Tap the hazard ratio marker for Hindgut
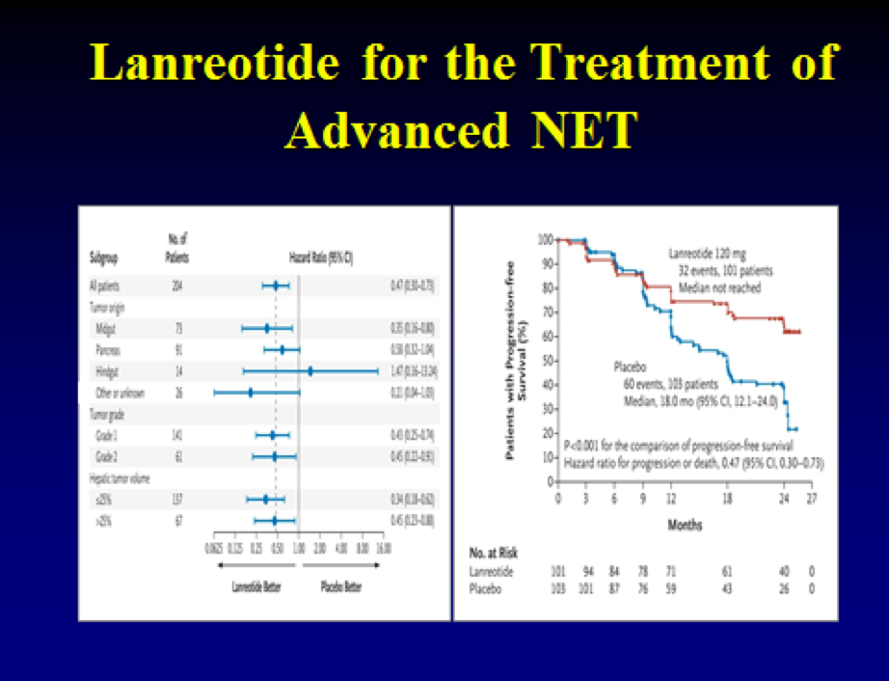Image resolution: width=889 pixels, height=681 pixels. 310,370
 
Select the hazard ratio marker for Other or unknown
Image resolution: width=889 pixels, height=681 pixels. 251,393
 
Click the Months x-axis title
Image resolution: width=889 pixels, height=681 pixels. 685,526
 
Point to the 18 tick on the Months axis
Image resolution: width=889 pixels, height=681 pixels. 728,499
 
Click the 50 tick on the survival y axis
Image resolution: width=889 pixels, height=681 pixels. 547,360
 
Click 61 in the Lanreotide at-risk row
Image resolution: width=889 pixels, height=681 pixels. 727,571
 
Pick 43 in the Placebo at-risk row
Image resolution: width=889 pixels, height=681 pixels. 727,587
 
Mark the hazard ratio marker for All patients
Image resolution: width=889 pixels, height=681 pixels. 276,286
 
